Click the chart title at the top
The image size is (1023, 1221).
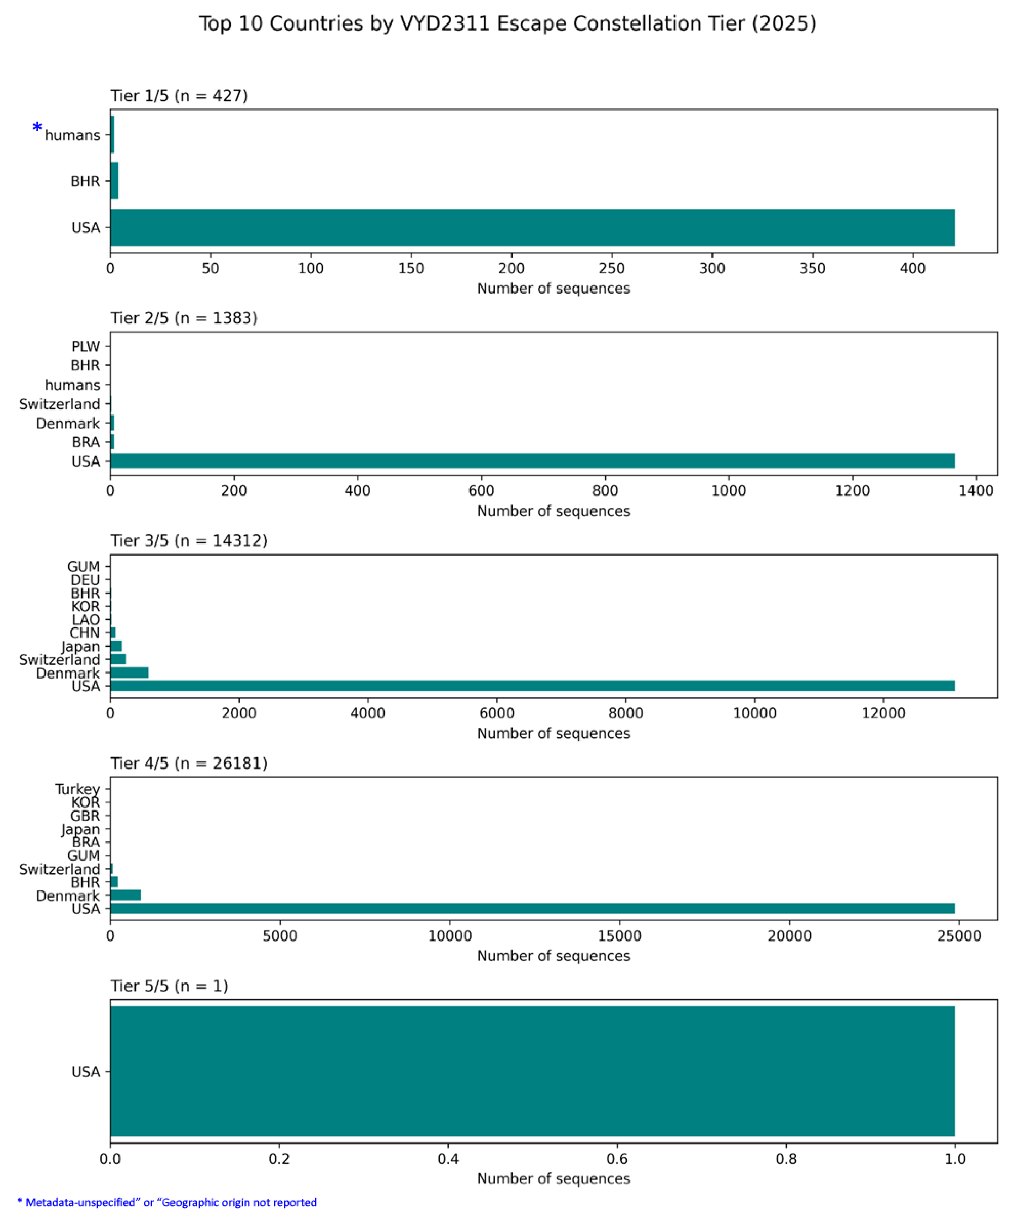508,24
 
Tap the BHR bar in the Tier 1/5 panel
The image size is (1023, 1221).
115,181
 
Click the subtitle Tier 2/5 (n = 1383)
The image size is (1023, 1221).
184,318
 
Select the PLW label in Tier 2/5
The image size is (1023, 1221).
85,347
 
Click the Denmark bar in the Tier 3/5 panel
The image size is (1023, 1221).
129,673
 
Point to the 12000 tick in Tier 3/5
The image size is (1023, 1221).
883,713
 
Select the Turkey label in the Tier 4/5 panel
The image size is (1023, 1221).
78,789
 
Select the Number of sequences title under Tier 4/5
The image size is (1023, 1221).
553,956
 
